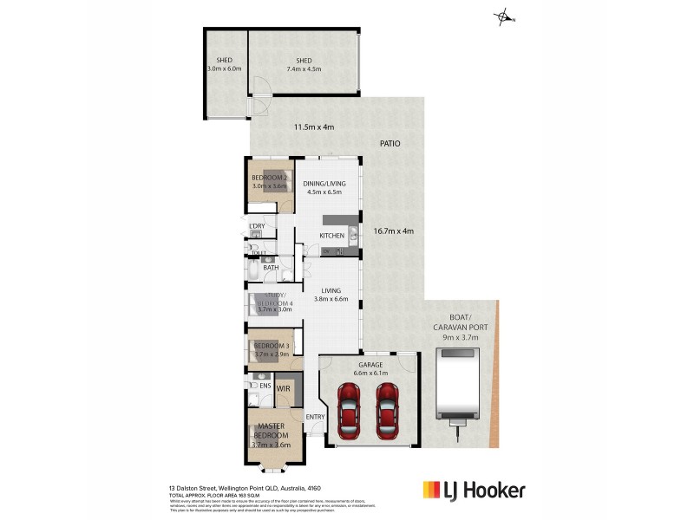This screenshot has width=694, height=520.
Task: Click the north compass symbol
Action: [x=503, y=17]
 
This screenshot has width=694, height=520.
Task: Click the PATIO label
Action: [x=389, y=144]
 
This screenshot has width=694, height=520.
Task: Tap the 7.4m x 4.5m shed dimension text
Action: [x=304, y=68]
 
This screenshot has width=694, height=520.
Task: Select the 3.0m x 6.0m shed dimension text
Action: [x=225, y=68]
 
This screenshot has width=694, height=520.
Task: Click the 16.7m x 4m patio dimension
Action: [x=393, y=231]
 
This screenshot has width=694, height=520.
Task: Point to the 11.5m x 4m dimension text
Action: [x=313, y=127]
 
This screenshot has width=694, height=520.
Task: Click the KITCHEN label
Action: [x=332, y=236]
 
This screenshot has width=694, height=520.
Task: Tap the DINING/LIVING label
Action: [x=325, y=188]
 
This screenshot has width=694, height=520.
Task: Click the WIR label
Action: [x=283, y=389]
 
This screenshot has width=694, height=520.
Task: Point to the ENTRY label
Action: [x=315, y=418]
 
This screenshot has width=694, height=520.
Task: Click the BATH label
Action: [x=271, y=268]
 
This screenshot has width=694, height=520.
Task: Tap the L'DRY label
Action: [x=256, y=226]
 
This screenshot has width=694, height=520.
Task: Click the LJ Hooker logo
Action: [x=473, y=491]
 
